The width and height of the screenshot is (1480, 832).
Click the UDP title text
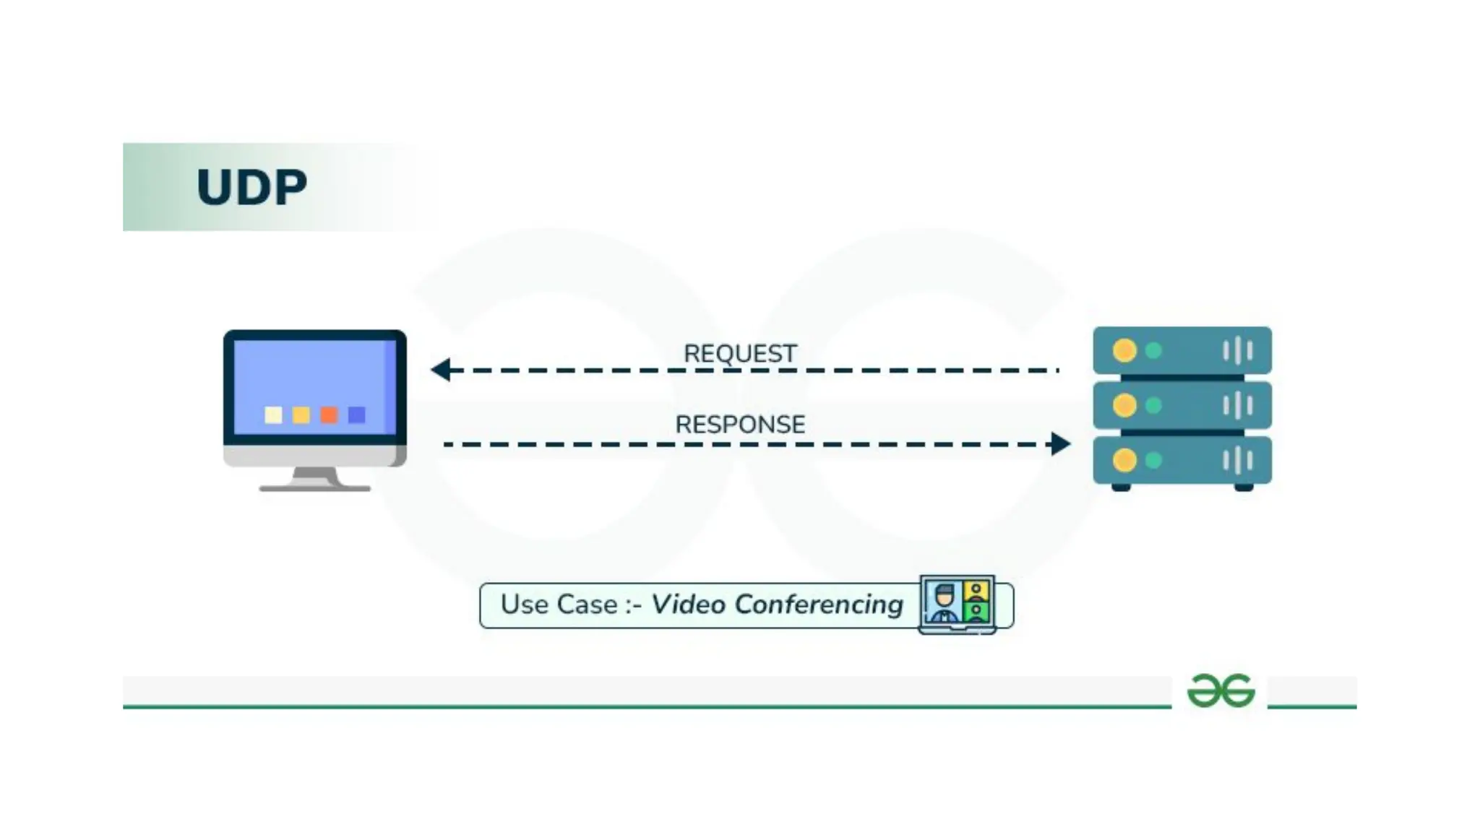251,188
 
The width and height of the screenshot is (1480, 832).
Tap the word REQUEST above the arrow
740,353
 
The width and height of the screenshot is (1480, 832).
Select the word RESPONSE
740,424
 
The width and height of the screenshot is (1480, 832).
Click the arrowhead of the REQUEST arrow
441,370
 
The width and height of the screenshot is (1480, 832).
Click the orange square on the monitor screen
329,415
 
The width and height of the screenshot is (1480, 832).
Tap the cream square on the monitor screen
273,415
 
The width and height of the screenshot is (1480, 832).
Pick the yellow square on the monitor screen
301,415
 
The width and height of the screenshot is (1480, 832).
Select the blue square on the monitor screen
357,415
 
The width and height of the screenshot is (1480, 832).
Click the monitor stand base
315,487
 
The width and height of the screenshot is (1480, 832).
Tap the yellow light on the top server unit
1124,350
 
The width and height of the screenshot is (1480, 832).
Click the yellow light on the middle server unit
1124,405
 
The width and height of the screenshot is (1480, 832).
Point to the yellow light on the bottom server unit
1124,460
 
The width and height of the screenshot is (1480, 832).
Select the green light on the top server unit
1154,350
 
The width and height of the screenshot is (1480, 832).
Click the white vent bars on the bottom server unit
1237,460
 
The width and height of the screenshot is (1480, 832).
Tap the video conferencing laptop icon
957,604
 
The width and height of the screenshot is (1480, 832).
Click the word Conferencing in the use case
819,604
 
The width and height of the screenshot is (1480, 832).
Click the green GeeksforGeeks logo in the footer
1221,690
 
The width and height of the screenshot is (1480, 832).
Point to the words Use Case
559,604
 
